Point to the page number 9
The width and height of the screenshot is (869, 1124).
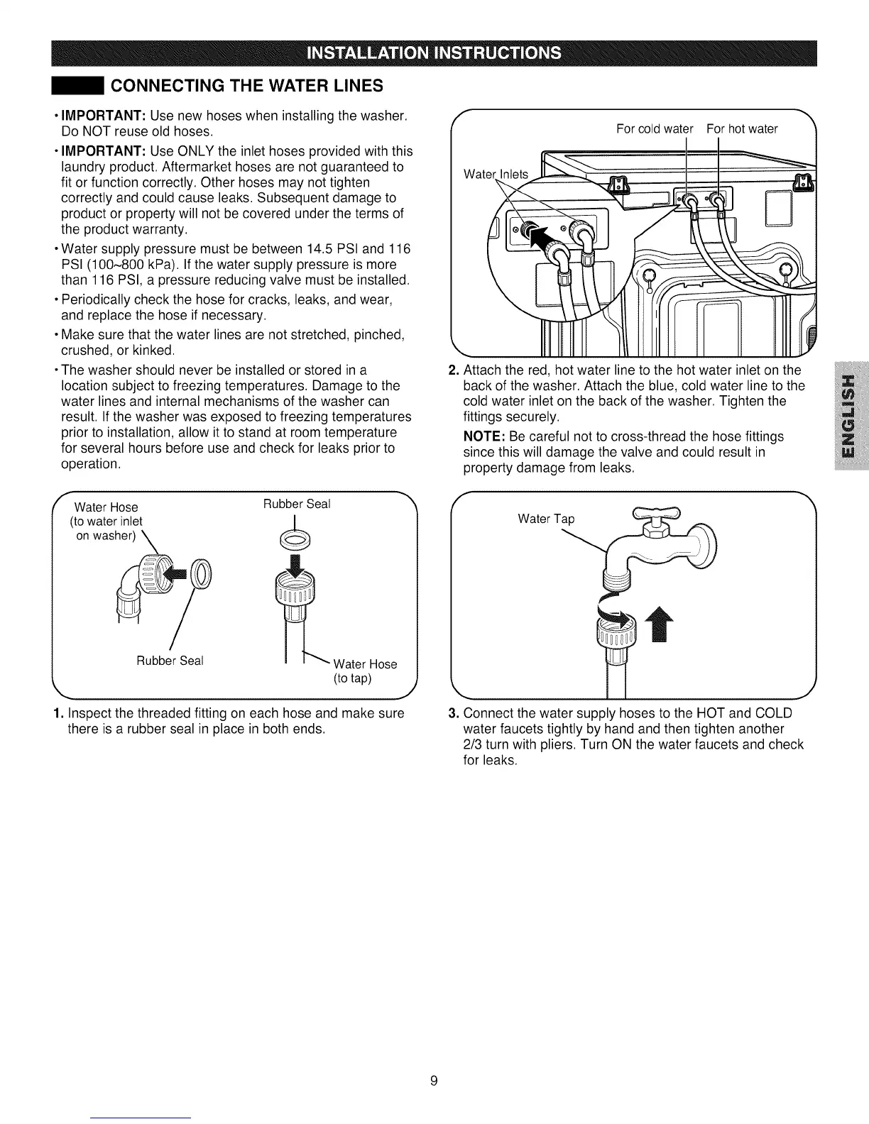pyautogui.click(x=434, y=1081)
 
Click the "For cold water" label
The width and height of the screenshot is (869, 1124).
pyautogui.click(x=654, y=128)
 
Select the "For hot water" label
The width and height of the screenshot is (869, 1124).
pyautogui.click(x=742, y=128)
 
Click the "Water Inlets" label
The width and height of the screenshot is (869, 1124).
pyautogui.click(x=496, y=175)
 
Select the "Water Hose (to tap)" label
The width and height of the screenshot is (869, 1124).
pyautogui.click(x=364, y=671)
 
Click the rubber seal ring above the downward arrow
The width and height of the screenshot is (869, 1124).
pyautogui.click(x=295, y=540)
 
